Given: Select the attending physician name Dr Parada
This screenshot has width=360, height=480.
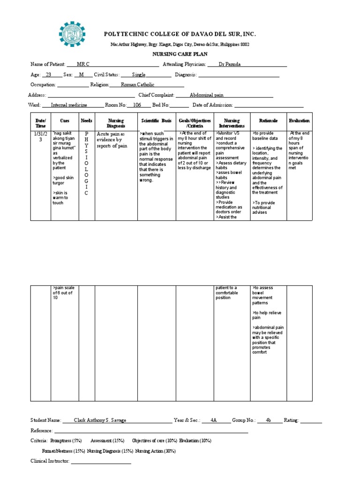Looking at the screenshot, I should [x=229, y=64].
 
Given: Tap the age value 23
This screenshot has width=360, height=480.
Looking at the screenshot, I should [x=48, y=75].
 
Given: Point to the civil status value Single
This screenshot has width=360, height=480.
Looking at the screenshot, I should [x=139, y=75].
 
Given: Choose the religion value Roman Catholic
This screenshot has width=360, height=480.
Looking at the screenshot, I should [x=137, y=85].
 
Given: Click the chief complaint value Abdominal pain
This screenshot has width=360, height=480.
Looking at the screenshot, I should [x=207, y=95].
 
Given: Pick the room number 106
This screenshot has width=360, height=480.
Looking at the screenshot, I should [x=137, y=105].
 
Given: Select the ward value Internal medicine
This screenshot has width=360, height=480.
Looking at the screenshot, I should [x=68, y=105].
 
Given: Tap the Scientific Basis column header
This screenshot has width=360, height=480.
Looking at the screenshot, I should [x=157, y=121].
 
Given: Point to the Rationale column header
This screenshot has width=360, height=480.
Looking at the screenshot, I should [x=268, y=121].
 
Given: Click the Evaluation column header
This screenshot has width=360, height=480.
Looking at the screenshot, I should [x=299, y=121].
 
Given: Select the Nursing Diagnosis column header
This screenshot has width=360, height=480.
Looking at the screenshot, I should [x=116, y=123].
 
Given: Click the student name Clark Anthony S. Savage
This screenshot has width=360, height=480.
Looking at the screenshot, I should [x=100, y=420].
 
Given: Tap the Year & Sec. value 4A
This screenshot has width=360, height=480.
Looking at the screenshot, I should [x=213, y=420].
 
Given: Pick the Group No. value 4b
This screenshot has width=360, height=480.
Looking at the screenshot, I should [x=269, y=420].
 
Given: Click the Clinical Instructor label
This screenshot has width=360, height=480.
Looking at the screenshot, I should [x=50, y=461].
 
